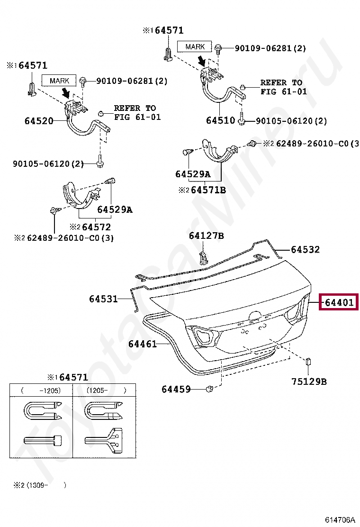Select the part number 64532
(305, 249)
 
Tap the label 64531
(103, 299)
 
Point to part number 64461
(142, 344)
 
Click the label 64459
(176, 389)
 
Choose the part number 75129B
(308, 381)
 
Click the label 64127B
(206, 236)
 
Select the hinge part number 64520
(39, 121)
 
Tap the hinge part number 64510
(220, 120)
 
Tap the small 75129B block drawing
(308, 362)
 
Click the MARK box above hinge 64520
(59, 81)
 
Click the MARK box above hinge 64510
(195, 46)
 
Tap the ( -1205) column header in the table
(41, 391)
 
